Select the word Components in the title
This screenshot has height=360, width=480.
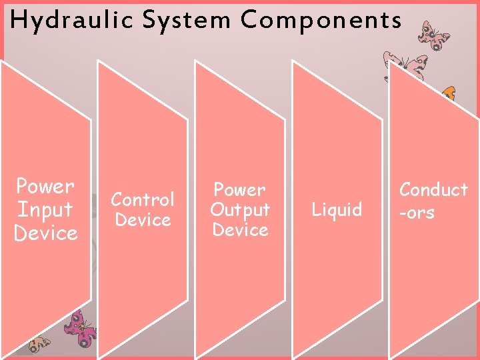321,21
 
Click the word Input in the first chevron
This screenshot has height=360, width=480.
45,209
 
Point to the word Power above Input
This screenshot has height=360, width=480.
45,186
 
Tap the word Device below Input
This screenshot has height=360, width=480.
45,233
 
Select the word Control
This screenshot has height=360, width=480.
143,199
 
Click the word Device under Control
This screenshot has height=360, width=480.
143,219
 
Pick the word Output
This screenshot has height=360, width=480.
240,209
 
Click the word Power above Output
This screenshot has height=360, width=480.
240,190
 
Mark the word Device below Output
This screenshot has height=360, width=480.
240,229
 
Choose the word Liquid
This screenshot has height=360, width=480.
337,210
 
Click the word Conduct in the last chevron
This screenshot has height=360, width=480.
433,190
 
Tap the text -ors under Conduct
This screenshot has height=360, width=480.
417,213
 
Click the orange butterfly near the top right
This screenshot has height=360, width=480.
449,93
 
